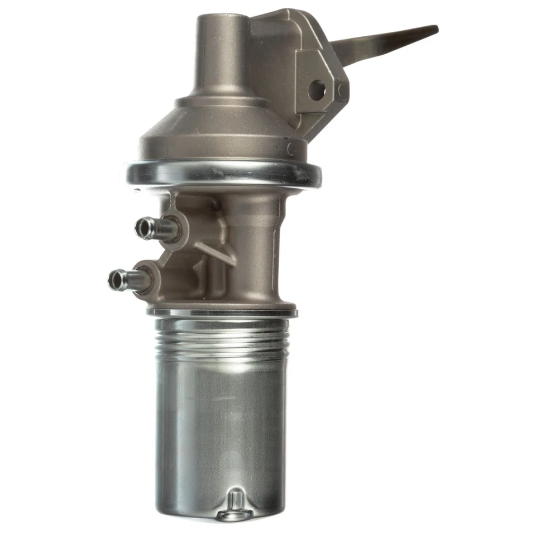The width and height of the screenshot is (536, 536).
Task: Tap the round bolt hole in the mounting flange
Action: point(317,90)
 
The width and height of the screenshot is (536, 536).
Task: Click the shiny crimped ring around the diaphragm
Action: point(223,174)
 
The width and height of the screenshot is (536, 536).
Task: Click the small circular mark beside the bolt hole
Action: point(342,90)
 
